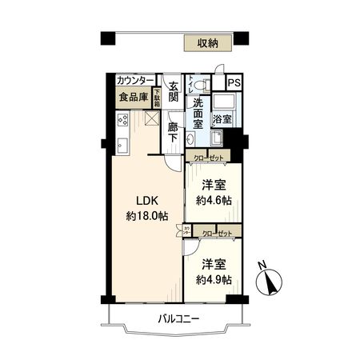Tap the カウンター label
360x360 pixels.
[135, 81]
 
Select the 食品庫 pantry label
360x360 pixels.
[134, 98]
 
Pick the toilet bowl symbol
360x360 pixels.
[200, 83]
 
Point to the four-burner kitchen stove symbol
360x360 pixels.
[123, 120]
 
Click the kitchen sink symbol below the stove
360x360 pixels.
[122, 146]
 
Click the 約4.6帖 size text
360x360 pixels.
[215, 200]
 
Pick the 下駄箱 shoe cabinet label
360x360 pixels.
[158, 98]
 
